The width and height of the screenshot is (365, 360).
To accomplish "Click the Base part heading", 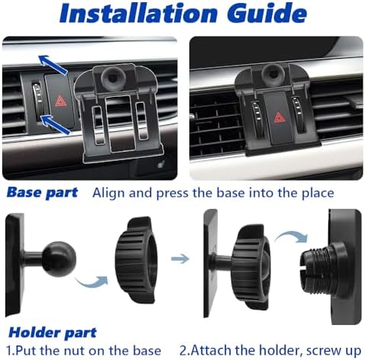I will [43, 192].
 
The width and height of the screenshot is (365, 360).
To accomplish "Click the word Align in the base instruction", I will [110, 192].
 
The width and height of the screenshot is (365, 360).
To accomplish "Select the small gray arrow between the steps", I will [179, 259].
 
